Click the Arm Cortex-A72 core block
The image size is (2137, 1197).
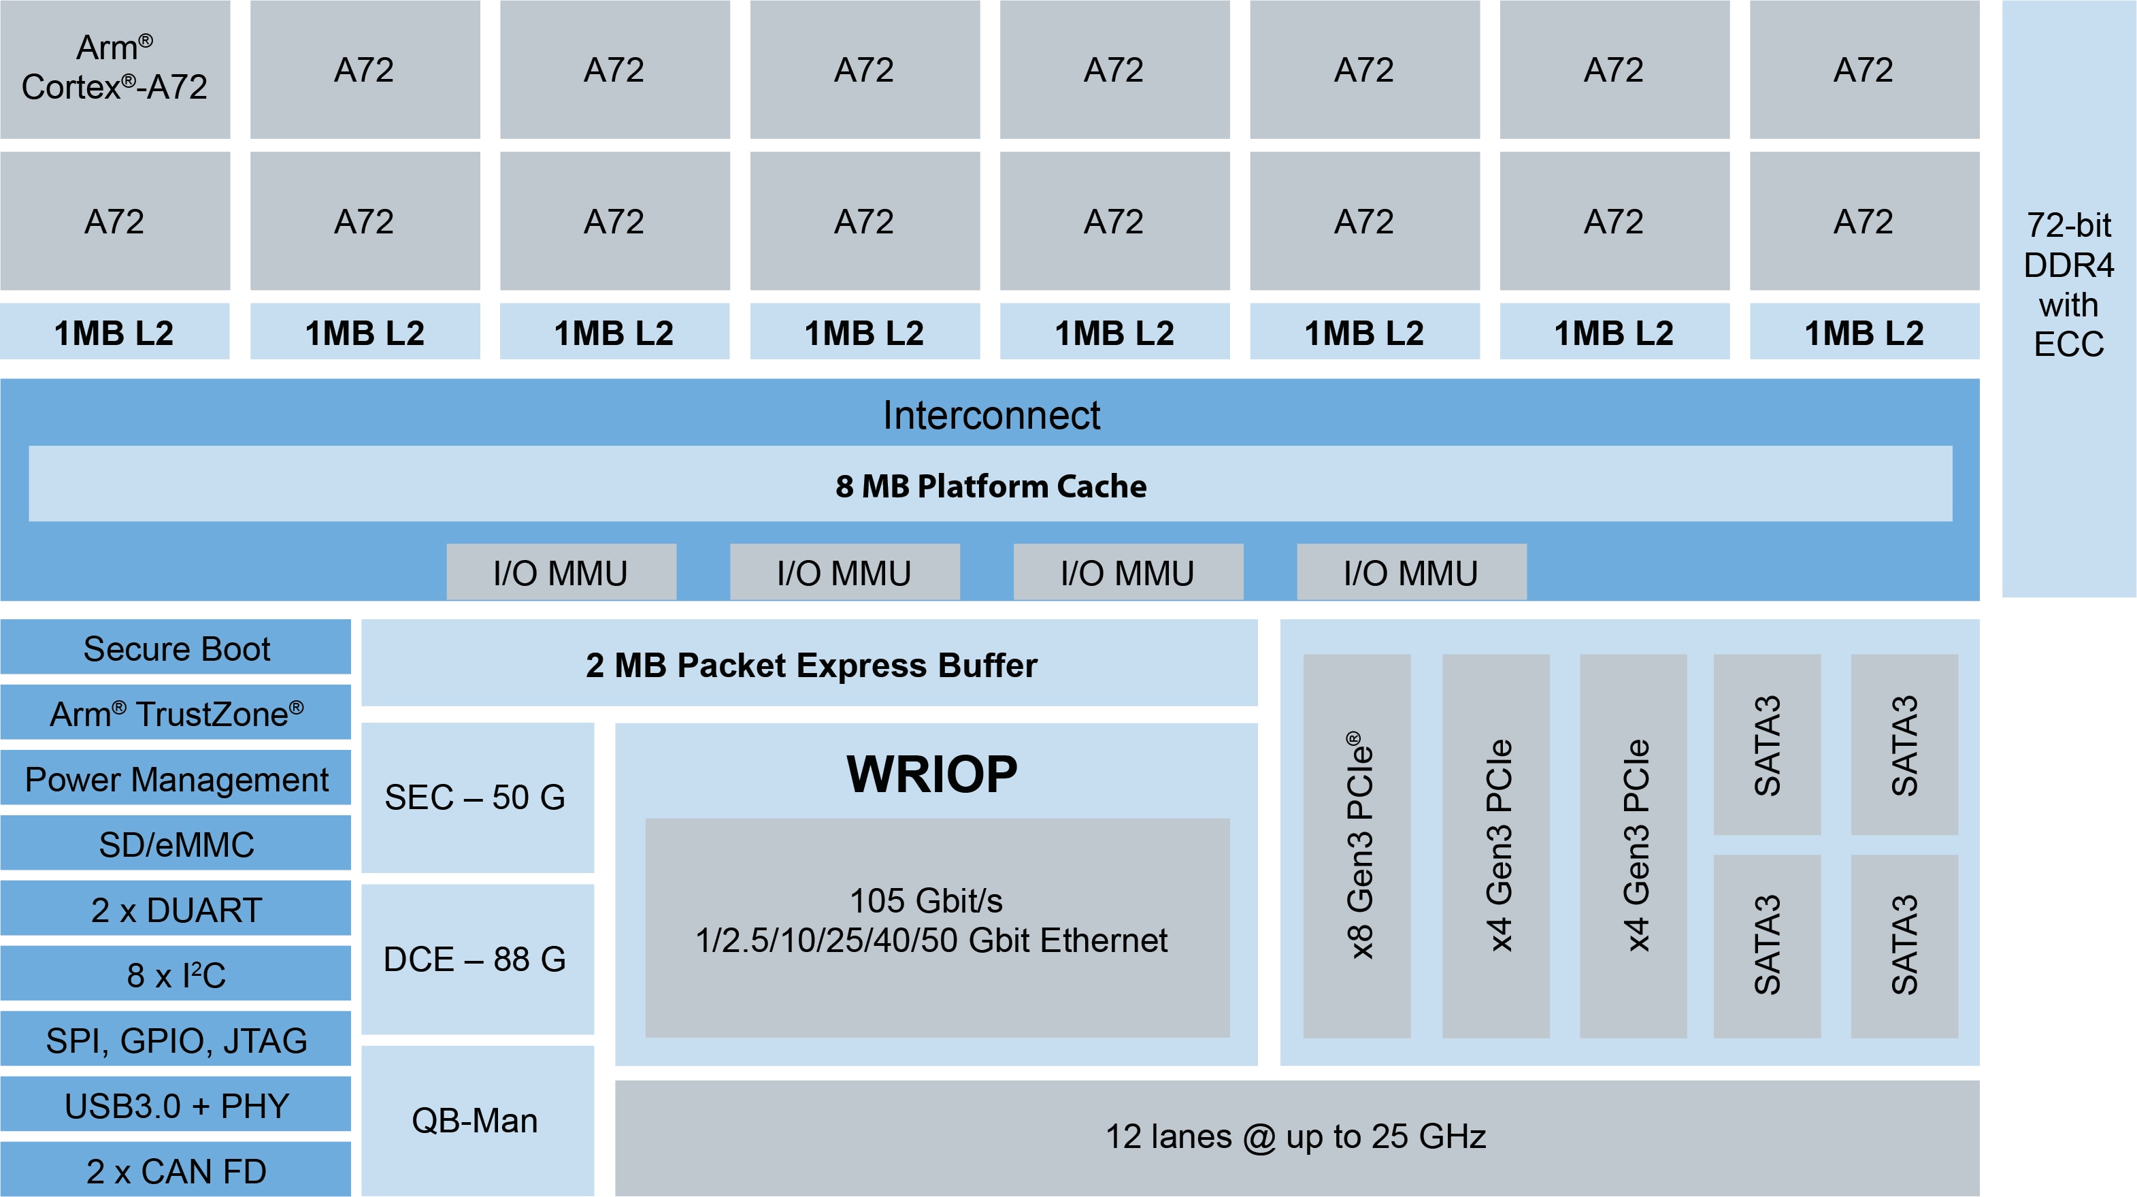tap(114, 69)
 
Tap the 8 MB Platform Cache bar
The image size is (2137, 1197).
tap(991, 485)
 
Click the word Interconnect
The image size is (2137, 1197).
tap(991, 414)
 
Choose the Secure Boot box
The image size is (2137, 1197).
tap(176, 648)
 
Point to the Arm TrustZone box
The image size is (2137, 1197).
tap(176, 713)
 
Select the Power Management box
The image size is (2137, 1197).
tap(176, 779)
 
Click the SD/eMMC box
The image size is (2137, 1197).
tap(176, 845)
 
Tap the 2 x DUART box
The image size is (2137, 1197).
tap(176, 910)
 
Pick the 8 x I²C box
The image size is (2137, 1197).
tap(176, 974)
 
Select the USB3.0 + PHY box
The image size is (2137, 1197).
tap(176, 1106)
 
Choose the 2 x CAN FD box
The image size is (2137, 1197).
tap(176, 1170)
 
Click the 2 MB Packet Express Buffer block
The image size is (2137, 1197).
tap(810, 664)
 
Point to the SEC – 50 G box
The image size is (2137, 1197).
tap(477, 797)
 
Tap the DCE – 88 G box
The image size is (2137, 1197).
tap(477, 959)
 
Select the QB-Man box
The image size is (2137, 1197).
tap(477, 1121)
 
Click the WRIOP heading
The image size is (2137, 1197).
tap(931, 774)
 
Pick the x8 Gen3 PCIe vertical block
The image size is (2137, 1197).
tap(1357, 845)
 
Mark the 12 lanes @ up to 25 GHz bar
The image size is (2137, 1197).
tap(1297, 1136)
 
